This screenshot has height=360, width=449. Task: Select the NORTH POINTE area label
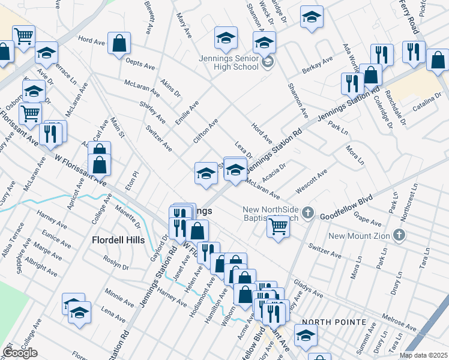(x=334, y=322)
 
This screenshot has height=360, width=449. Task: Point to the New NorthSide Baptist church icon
(x=308, y=212)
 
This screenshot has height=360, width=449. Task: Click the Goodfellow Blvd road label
(x=346, y=206)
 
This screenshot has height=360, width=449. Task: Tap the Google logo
(x=20, y=353)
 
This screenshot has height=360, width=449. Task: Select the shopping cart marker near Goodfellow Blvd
(x=278, y=227)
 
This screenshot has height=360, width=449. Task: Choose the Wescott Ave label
(x=311, y=181)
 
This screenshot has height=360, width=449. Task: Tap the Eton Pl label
(x=131, y=181)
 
